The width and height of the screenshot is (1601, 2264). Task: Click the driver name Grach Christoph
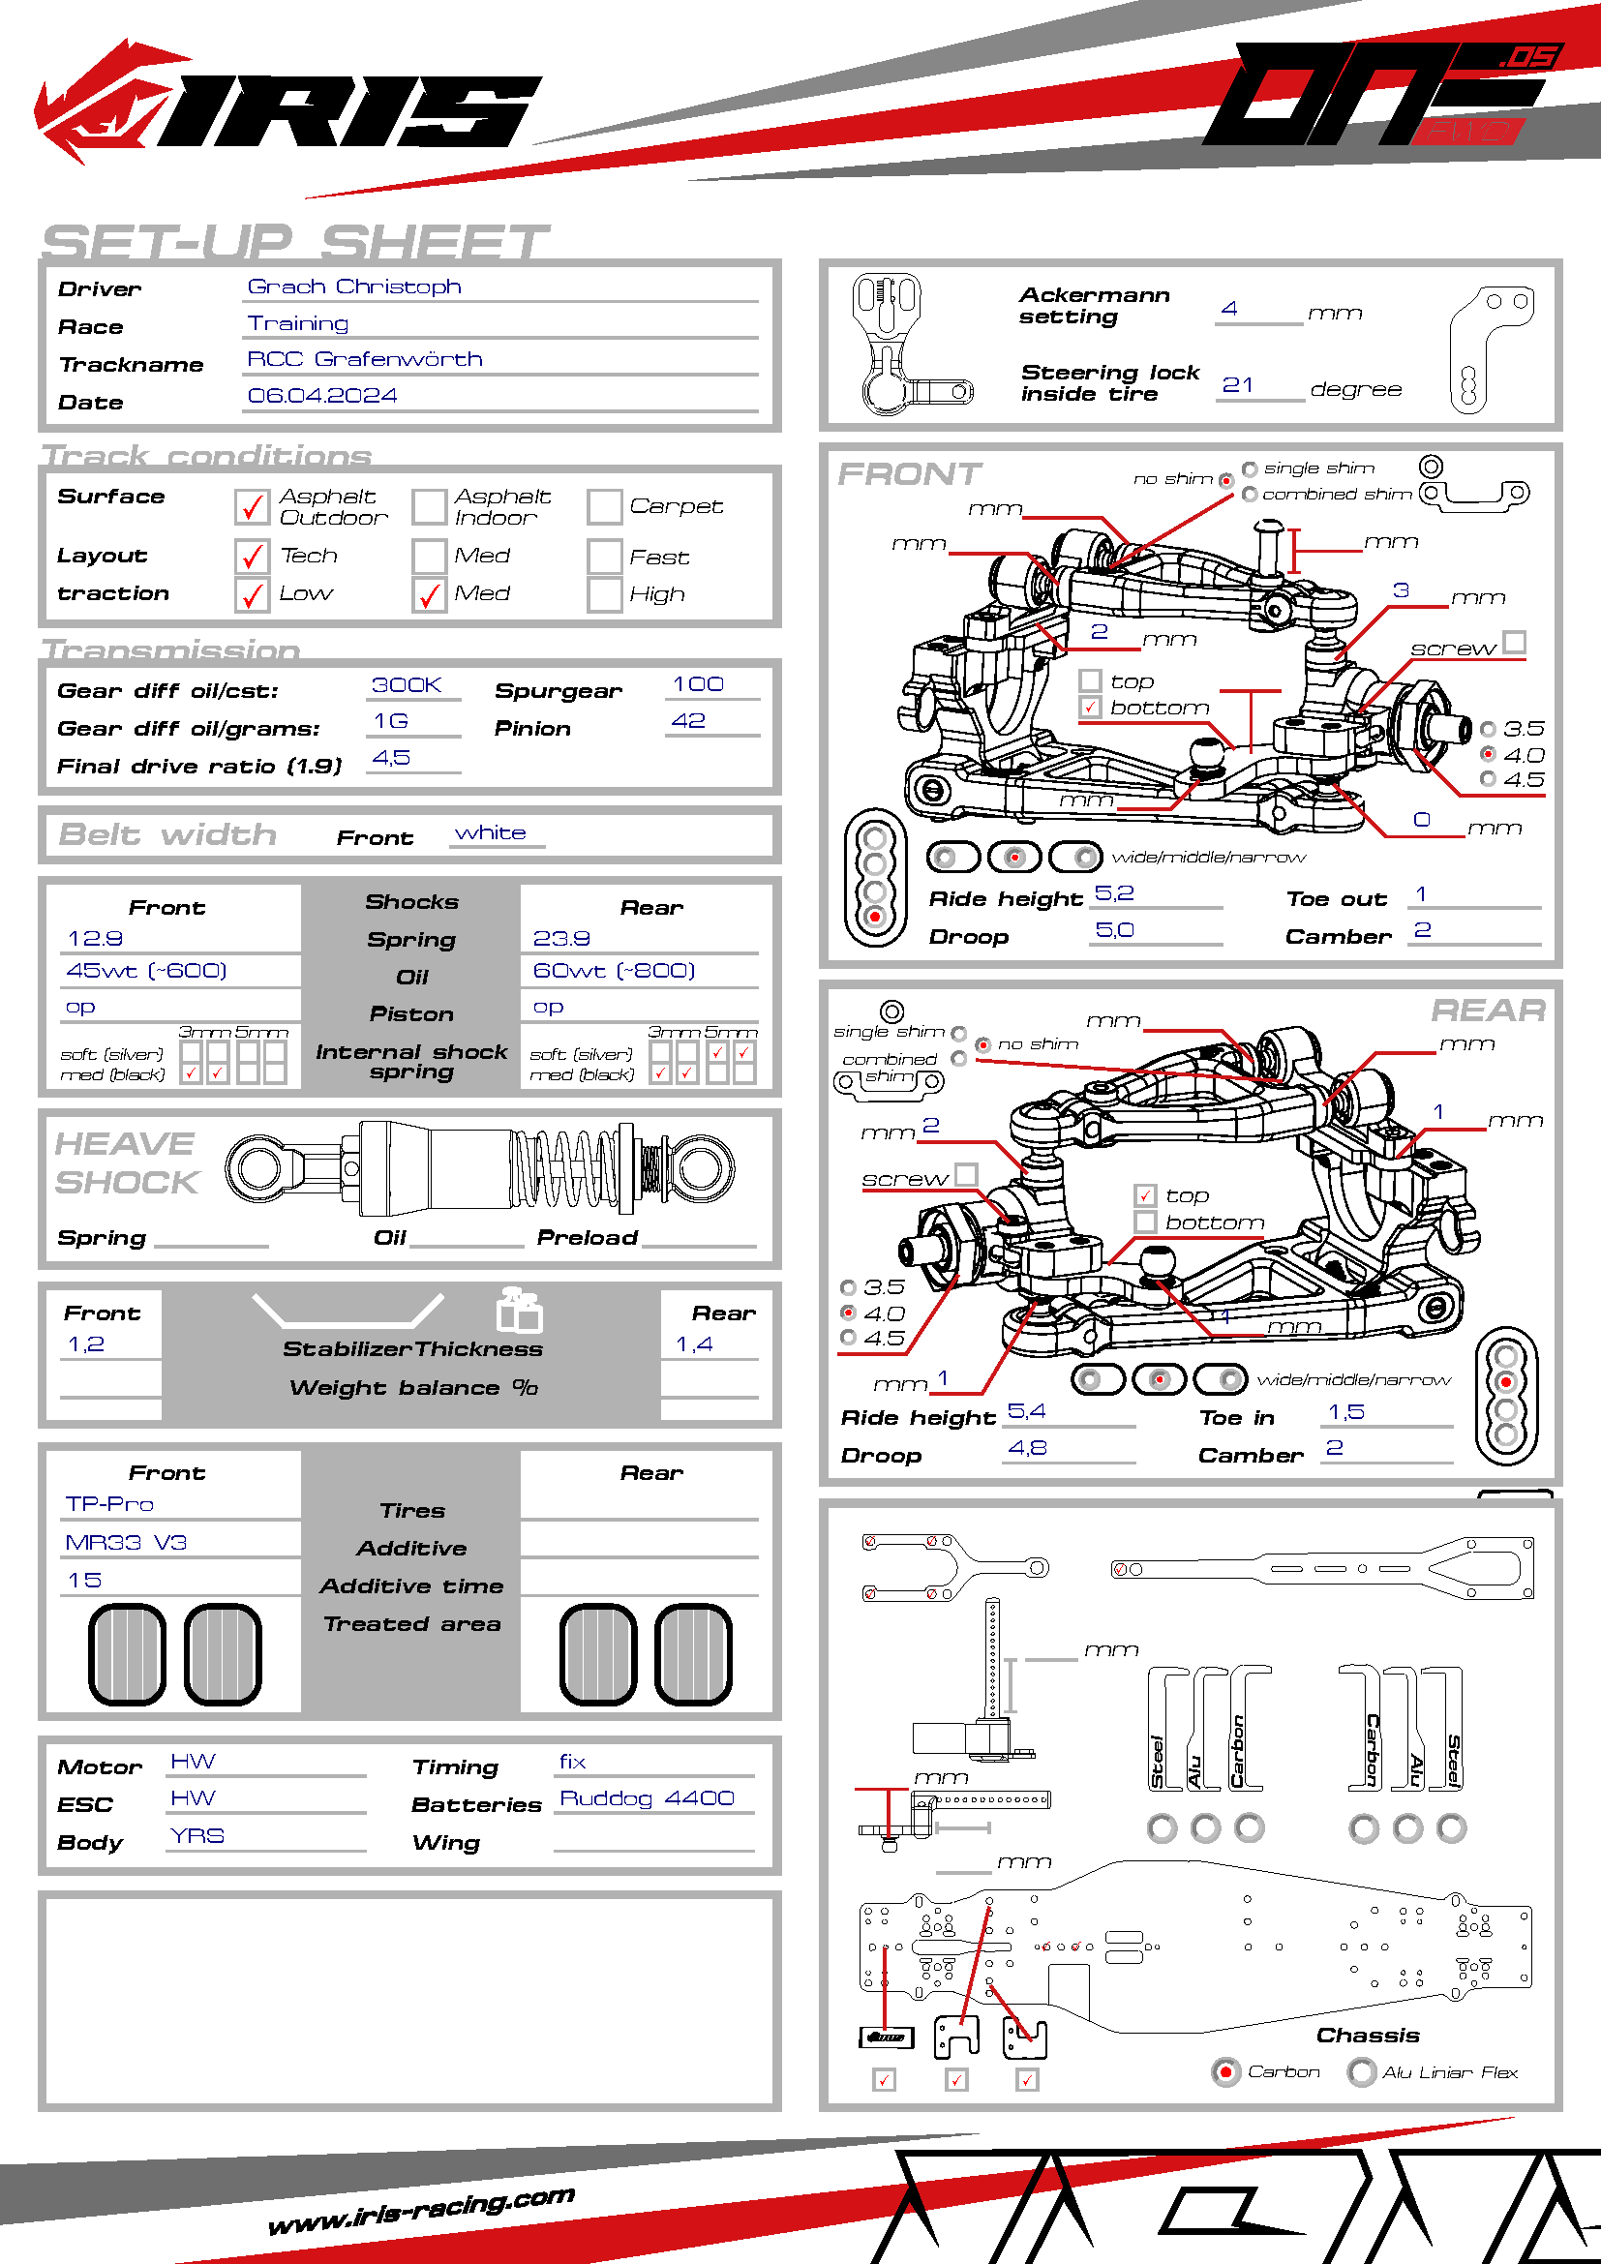(x=354, y=286)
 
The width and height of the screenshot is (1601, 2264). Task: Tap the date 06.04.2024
(x=321, y=396)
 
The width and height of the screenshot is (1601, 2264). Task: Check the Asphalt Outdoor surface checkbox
(x=253, y=507)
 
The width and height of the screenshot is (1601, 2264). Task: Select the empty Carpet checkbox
(x=604, y=507)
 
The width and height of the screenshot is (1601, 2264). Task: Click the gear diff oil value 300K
(x=407, y=684)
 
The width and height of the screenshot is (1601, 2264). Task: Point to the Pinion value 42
(x=688, y=721)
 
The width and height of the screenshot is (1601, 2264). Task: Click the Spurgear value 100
(x=698, y=684)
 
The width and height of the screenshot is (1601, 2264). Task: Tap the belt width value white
(x=490, y=833)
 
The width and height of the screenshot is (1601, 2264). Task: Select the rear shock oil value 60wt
(x=613, y=970)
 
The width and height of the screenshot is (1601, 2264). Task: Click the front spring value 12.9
(x=95, y=938)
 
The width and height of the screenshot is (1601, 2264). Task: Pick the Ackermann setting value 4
(x=1229, y=309)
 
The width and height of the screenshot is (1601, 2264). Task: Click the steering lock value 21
(x=1237, y=384)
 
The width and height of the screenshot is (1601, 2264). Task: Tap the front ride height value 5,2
(x=1115, y=893)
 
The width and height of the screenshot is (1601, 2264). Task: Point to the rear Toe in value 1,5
(x=1346, y=1412)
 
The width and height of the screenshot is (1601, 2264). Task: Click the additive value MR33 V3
(x=126, y=1542)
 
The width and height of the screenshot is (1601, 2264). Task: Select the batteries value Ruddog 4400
(x=647, y=1798)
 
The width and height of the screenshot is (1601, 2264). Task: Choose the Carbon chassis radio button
(x=1225, y=2071)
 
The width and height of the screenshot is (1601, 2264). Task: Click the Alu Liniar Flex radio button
(x=1362, y=2071)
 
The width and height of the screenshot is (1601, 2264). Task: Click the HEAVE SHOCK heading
(x=126, y=1162)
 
